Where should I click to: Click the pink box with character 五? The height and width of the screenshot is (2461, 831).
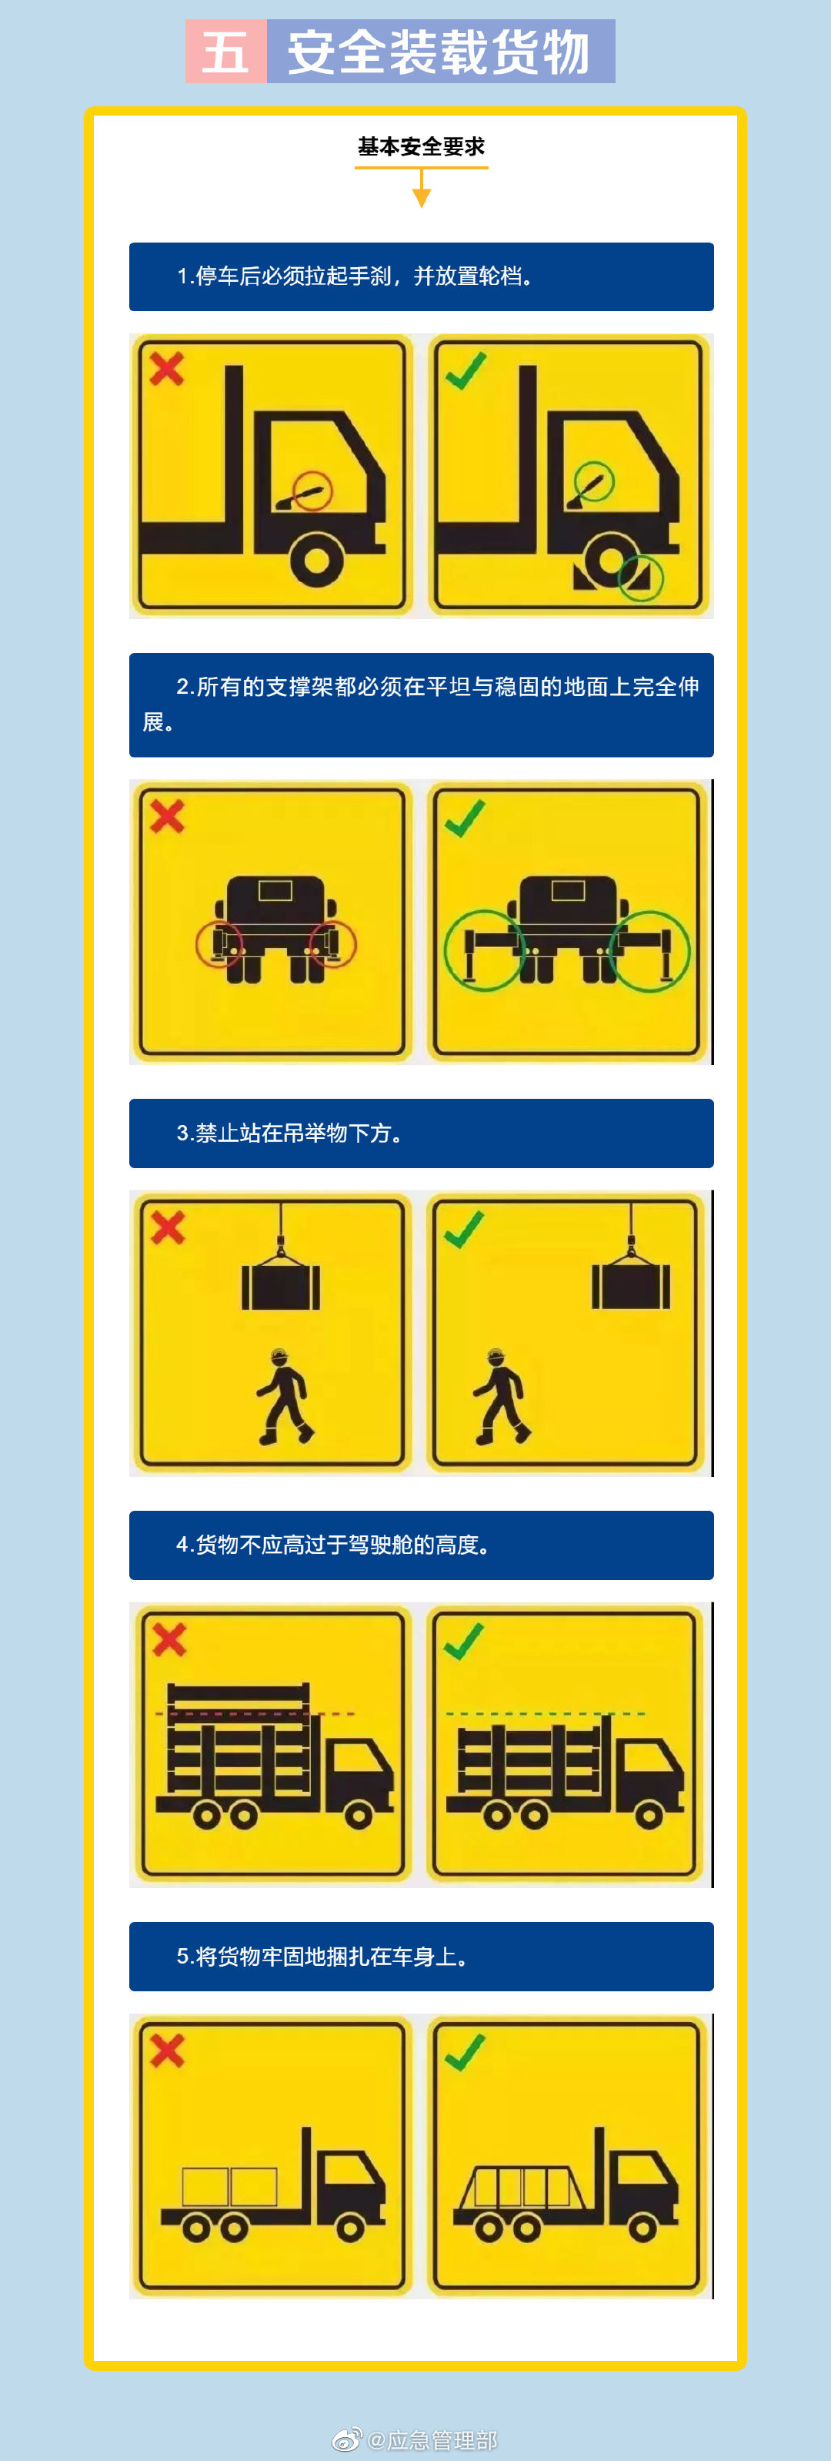226,52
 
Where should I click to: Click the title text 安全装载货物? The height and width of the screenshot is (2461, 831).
439,52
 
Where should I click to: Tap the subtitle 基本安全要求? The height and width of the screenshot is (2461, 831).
421,146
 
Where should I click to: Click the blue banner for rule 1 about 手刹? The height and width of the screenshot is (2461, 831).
421,276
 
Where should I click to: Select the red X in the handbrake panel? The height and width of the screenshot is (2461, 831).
167,369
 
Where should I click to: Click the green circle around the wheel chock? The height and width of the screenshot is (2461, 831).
640,577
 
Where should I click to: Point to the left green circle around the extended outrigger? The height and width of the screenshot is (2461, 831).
484,949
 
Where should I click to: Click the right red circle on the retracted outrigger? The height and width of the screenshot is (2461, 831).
332,945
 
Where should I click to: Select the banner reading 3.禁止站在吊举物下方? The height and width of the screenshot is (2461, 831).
421,1133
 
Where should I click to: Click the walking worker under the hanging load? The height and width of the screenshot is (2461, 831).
284,1397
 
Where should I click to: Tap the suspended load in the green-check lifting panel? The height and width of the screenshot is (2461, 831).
630,1285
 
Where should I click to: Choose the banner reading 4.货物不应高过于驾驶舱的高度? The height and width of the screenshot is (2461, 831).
421,1545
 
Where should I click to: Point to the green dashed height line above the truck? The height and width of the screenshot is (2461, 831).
545,1713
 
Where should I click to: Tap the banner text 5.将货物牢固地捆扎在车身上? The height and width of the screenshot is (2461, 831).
322,1957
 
